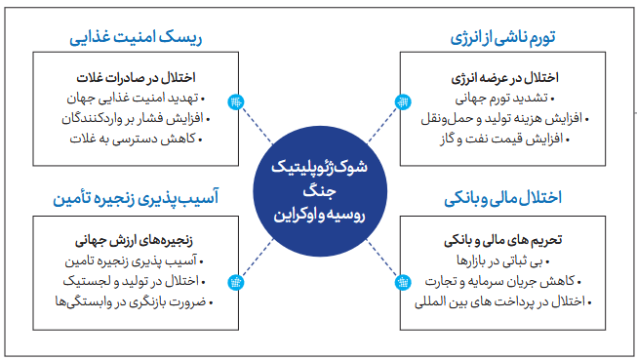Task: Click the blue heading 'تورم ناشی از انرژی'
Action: point(502,37)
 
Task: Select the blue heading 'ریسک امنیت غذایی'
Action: point(136,37)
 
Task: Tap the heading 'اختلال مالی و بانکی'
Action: point(502,198)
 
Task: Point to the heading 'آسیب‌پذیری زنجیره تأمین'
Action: point(136,198)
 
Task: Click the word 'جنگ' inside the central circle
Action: point(320,191)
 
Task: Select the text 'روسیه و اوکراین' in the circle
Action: point(319,215)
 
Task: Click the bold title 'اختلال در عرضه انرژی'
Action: point(504,78)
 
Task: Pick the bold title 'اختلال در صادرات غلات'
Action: point(137,78)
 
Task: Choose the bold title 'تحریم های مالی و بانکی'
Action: point(503,240)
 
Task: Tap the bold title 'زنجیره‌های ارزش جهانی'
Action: point(134,241)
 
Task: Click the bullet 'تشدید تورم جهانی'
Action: point(505,98)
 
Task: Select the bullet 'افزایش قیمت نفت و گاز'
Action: point(504,139)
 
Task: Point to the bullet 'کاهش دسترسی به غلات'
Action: point(136,139)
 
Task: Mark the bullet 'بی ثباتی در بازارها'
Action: point(503,260)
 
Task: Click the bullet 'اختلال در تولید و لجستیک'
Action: point(134,281)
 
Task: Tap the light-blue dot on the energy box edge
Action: point(403,101)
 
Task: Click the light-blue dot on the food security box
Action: point(236,101)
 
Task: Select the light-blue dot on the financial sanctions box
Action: point(403,282)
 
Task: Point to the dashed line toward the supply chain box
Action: point(258,259)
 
